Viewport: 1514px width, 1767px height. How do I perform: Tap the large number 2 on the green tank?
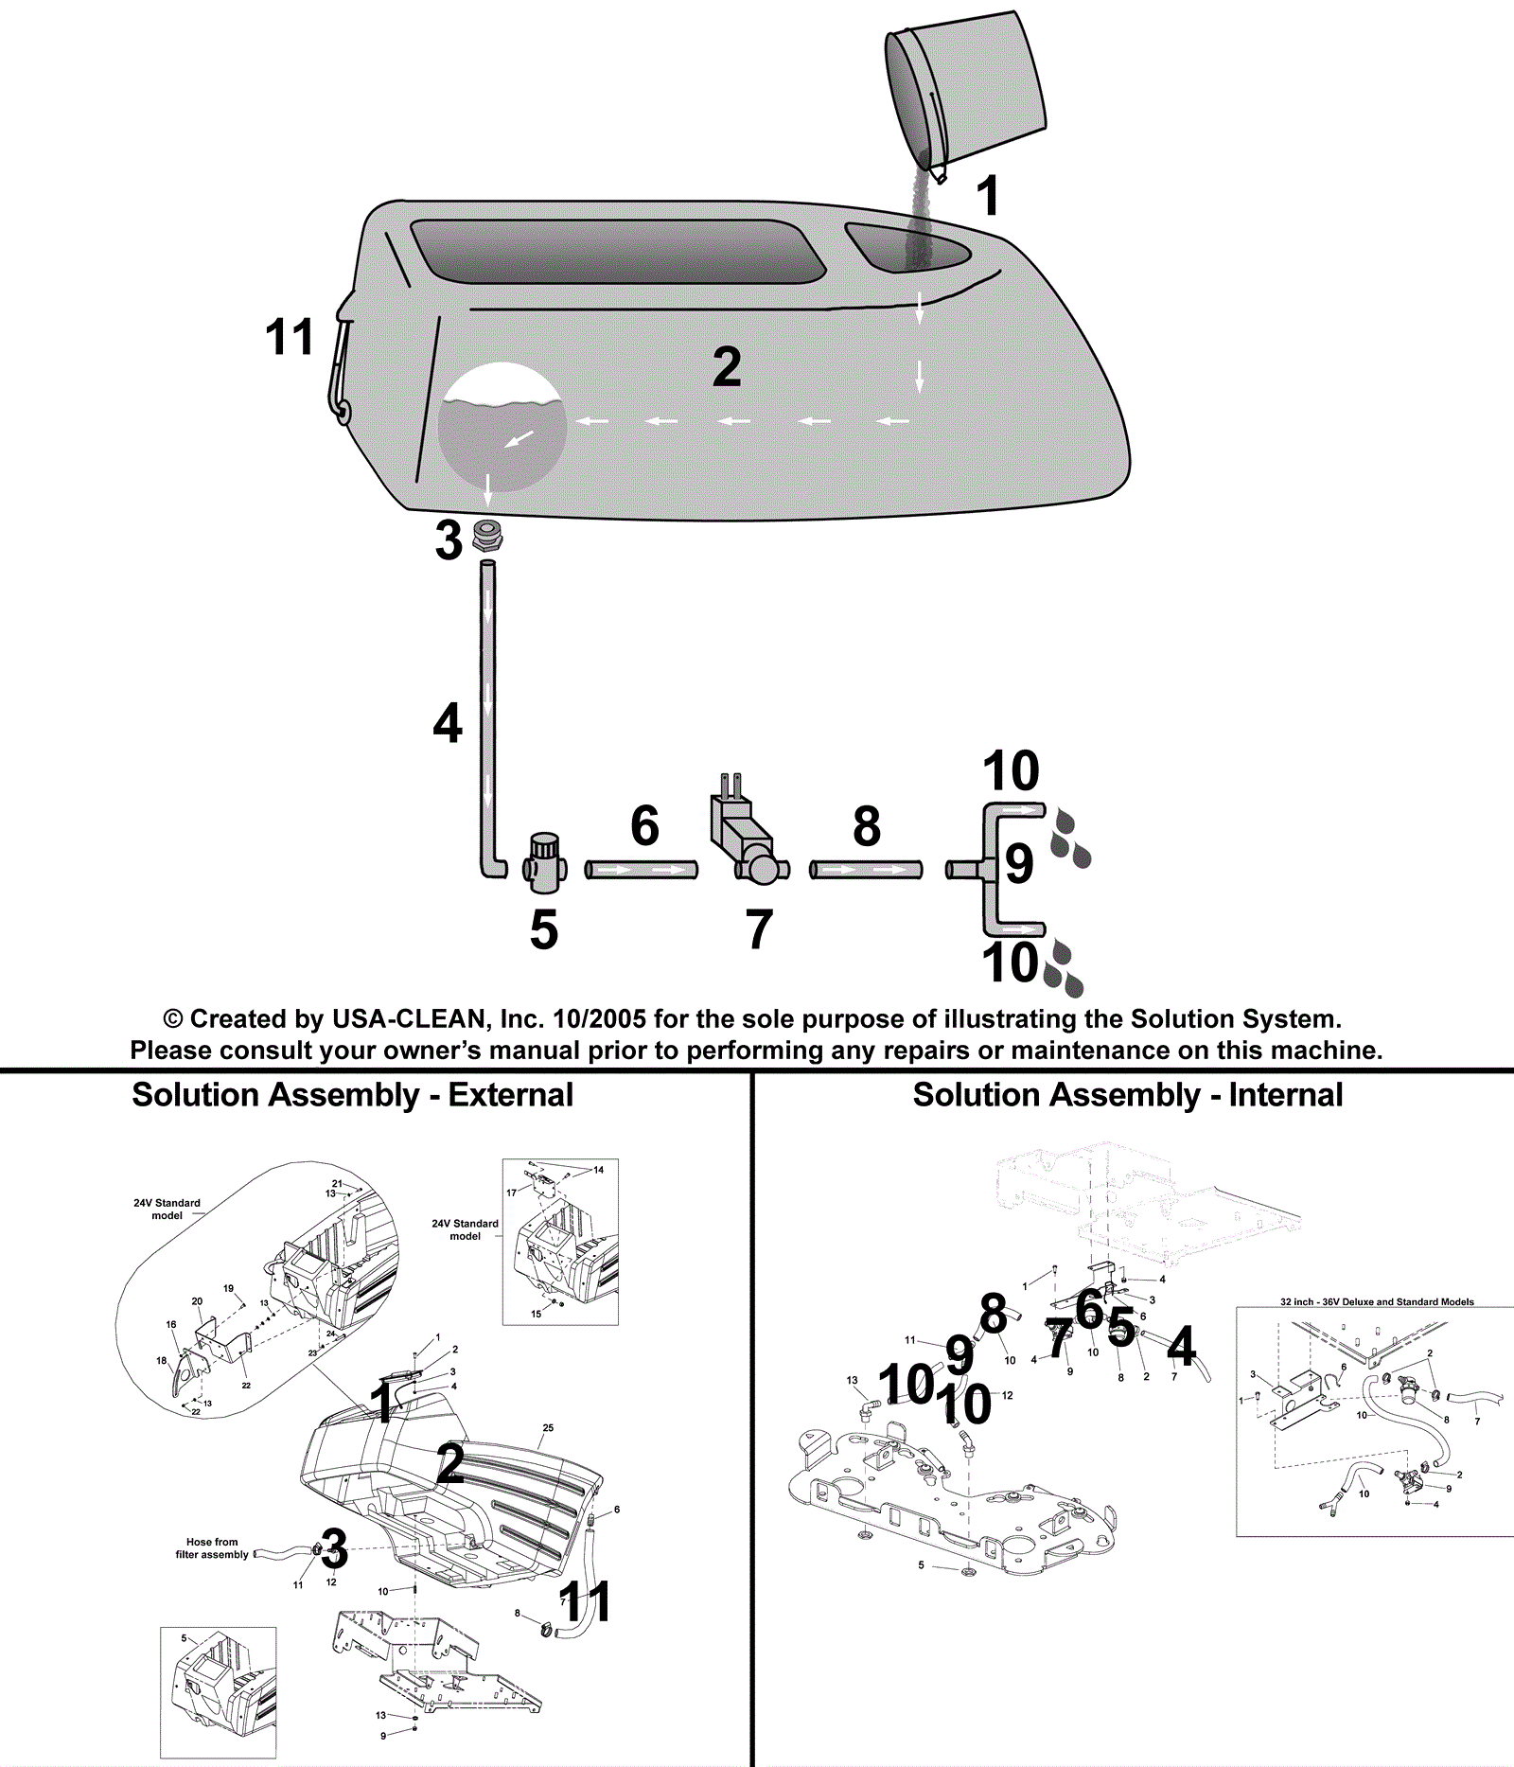click(727, 367)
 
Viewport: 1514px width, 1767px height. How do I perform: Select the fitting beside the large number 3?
click(487, 537)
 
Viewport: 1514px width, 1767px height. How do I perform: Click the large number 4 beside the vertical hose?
click(448, 723)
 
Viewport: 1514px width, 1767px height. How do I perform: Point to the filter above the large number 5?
click(545, 863)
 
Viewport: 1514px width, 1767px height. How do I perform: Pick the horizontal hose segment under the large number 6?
click(642, 869)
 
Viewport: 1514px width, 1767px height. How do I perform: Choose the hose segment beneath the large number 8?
click(866, 869)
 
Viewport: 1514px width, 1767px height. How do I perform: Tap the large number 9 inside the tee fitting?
click(1018, 863)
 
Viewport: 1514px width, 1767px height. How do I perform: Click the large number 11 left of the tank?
click(290, 338)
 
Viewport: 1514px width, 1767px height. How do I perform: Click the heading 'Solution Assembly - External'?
click(353, 1095)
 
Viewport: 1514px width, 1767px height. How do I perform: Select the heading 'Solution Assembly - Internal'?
click(1128, 1095)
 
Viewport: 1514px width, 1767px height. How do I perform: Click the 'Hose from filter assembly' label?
click(212, 1548)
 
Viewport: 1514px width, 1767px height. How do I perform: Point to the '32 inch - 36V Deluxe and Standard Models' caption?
click(1377, 1302)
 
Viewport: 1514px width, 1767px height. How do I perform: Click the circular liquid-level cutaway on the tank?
click(502, 428)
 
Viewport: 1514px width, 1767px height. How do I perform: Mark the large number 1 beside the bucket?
click(988, 197)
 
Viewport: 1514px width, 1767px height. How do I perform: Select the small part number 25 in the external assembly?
click(548, 1428)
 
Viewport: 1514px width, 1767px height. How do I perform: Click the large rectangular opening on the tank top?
click(617, 251)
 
